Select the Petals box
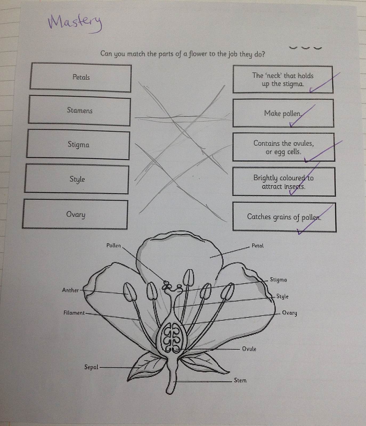(80, 77)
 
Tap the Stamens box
(79, 110)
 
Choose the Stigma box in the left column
(78, 145)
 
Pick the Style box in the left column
(77, 179)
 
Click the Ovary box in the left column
(75, 214)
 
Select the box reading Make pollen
(283, 113)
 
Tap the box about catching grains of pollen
(284, 217)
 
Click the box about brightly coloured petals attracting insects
(283, 182)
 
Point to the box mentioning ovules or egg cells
(283, 147)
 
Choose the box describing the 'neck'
(283, 80)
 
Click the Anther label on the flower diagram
(70, 290)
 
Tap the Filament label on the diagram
(74, 313)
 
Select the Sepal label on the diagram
(91, 367)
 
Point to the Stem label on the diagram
(240, 380)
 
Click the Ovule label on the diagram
(249, 349)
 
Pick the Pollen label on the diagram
(113, 245)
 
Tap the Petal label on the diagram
(258, 246)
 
